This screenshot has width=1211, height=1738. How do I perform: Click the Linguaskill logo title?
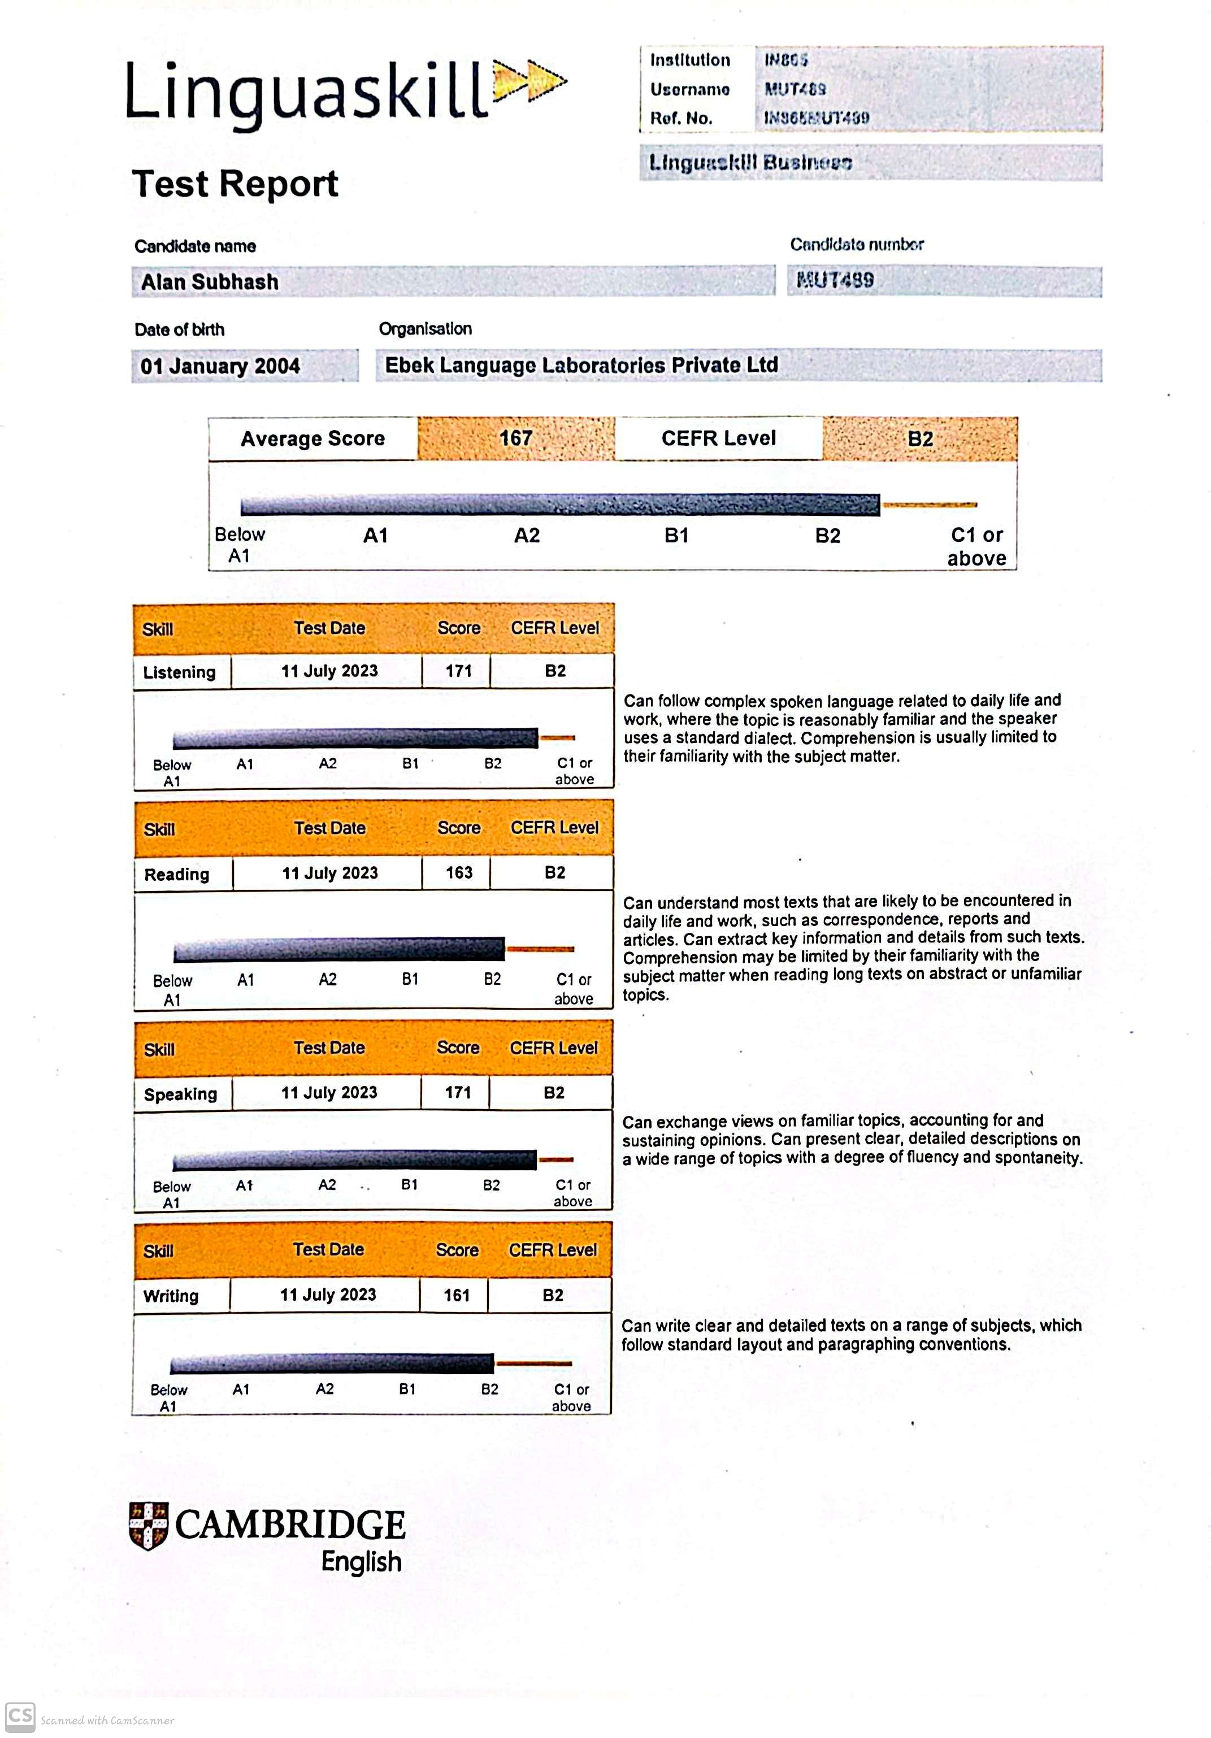pos(306,92)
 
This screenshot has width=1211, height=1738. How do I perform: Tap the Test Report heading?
pos(235,184)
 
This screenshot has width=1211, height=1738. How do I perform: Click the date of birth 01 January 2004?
pos(220,366)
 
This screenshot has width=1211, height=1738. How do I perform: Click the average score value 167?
pos(515,438)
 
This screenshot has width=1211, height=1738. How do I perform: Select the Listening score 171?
pos(458,671)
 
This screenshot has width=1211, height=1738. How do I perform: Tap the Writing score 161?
pos(457,1294)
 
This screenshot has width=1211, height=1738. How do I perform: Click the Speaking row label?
pos(180,1094)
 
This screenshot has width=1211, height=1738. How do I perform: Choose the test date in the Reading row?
pos(330,873)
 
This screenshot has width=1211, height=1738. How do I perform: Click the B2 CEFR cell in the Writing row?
pos(553,1294)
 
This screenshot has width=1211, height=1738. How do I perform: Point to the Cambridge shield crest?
pos(149,1526)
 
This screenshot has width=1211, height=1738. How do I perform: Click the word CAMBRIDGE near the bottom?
pos(290,1524)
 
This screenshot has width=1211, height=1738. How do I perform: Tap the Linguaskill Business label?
pos(750,163)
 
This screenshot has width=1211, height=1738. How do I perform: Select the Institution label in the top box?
pos(689,60)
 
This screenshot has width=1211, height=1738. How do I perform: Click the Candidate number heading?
pos(857,245)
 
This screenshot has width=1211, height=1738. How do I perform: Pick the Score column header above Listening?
pos(459,628)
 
